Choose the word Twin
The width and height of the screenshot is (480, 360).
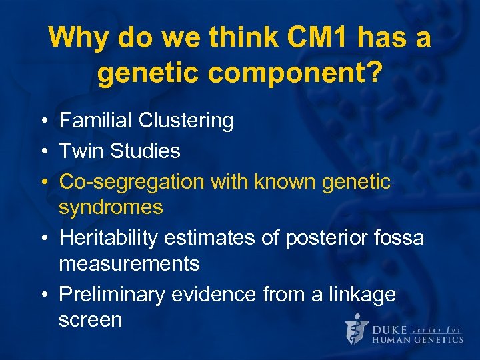(81, 151)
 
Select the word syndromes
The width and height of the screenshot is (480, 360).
(111, 207)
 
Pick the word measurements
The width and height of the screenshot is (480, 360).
(129, 264)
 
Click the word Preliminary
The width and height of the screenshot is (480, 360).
(113, 294)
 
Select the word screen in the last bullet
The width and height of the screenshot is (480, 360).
(90, 320)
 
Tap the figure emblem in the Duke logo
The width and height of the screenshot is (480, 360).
(357, 328)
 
